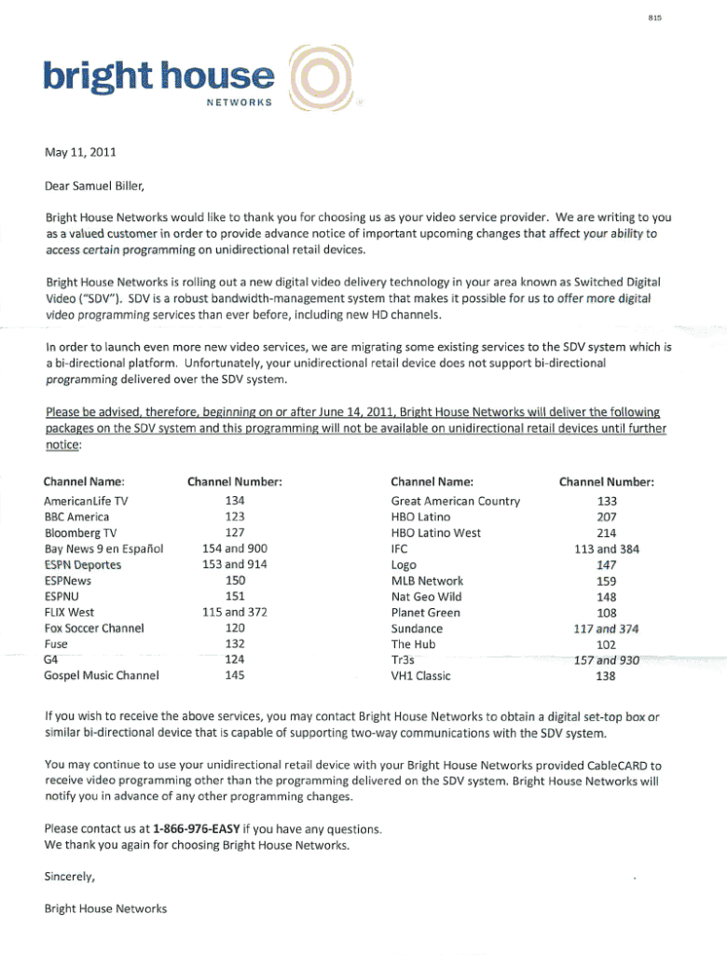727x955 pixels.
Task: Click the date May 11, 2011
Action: tap(81, 150)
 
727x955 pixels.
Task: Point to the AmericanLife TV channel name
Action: tap(86, 501)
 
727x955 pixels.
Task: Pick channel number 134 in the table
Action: tap(235, 501)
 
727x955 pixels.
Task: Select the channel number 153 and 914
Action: tap(235, 564)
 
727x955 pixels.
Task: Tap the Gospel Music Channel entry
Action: tap(102, 675)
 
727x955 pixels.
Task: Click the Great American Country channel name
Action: tap(455, 501)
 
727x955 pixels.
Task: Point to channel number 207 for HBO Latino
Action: tap(607, 517)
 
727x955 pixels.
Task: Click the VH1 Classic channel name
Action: tap(420, 675)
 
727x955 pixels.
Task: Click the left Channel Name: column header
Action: tap(84, 482)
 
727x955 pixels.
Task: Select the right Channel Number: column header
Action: tap(607, 482)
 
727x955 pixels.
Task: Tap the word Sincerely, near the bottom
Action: tap(70, 877)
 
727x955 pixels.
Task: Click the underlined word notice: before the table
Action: tap(63, 446)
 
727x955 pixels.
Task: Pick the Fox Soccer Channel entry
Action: tap(93, 628)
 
